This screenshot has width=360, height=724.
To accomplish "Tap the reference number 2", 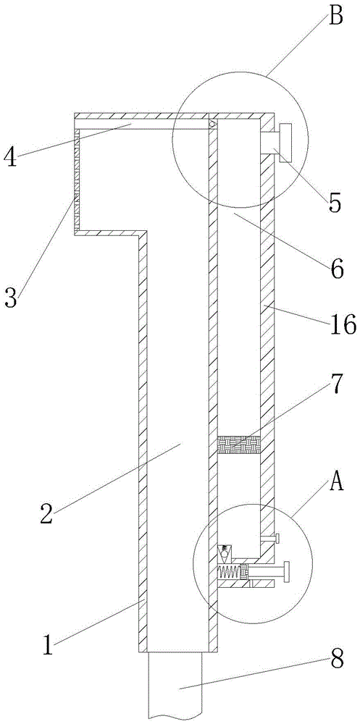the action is (46, 513).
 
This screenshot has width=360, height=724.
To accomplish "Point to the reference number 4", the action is (11, 157).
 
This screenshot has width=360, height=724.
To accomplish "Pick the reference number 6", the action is (336, 268).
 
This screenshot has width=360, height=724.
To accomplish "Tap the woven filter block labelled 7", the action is (238, 445).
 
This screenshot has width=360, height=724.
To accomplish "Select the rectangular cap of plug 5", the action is (285, 143).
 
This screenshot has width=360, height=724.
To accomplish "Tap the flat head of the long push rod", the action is (287, 573).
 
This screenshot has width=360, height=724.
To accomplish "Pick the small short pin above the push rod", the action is (270, 537).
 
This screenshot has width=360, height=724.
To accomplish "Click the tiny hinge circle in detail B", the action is (212, 125).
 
